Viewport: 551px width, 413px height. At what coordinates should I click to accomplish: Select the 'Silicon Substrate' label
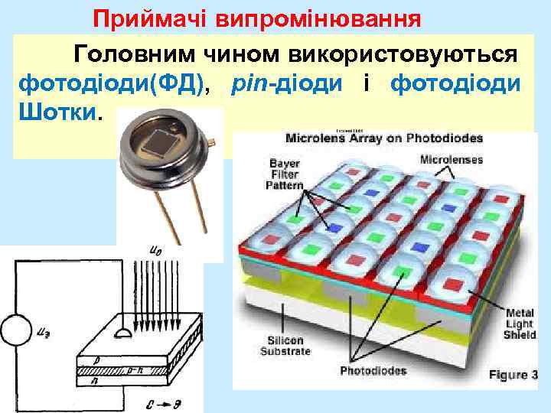pos(285,345)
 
